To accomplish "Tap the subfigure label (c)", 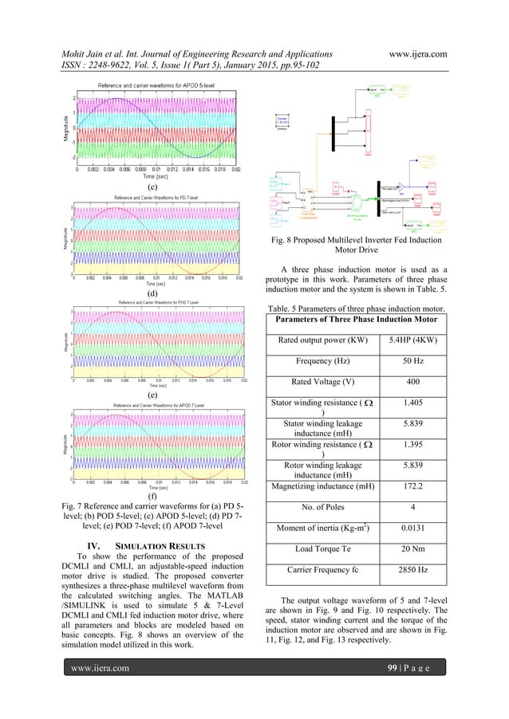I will click(x=156, y=189).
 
